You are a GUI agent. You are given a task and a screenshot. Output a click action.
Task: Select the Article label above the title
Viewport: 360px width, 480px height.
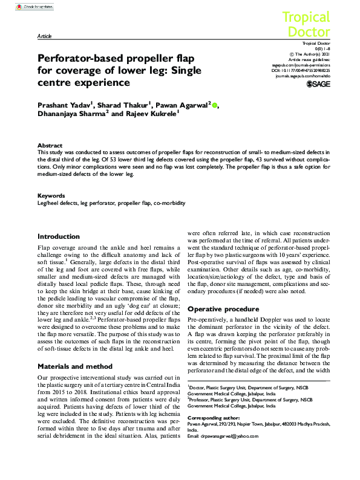44,36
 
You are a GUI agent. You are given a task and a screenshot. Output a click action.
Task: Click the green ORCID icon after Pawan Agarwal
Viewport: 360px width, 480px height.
215,105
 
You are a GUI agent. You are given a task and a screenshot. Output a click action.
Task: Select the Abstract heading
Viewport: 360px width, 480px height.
50,146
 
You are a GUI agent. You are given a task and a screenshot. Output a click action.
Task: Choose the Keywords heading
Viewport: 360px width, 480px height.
51,196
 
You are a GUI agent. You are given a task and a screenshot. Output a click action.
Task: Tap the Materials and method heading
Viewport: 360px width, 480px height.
75,366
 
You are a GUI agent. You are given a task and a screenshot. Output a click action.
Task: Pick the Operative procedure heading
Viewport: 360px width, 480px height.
224,309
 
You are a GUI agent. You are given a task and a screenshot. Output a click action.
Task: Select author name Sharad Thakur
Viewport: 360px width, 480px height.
133,105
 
